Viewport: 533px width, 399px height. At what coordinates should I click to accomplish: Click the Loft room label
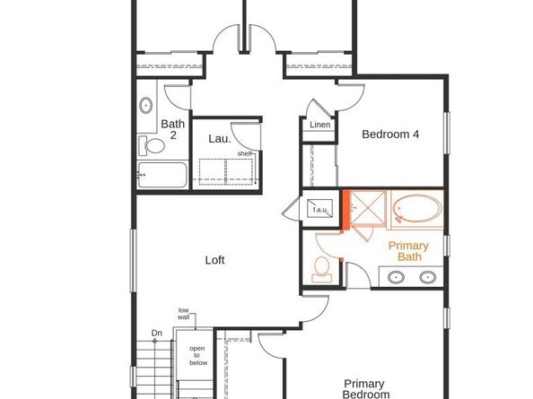(x=214, y=260)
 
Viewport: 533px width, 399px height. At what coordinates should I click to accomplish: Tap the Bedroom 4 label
(x=390, y=134)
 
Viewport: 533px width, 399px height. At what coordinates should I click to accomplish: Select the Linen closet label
(x=319, y=125)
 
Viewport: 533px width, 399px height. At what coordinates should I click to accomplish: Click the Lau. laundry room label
(x=220, y=139)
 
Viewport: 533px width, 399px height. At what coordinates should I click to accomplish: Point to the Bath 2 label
(x=173, y=129)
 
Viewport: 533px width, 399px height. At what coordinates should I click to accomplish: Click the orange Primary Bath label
(x=409, y=251)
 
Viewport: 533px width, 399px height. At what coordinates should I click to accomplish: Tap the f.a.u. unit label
(x=319, y=210)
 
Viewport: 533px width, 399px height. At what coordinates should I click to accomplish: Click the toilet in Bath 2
(x=152, y=145)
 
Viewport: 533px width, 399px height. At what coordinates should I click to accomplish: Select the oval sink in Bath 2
(x=145, y=106)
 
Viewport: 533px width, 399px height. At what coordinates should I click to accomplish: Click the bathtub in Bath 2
(x=162, y=175)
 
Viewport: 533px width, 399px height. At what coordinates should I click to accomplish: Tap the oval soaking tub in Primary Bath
(x=417, y=209)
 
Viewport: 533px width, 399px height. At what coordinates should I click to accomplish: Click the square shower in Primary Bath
(x=368, y=209)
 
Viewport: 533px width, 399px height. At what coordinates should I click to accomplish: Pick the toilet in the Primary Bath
(x=321, y=270)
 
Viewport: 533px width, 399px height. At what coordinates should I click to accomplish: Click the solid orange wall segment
(x=345, y=210)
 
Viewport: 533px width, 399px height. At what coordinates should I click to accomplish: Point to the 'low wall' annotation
(x=184, y=314)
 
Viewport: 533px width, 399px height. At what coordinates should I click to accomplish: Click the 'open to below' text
(x=197, y=356)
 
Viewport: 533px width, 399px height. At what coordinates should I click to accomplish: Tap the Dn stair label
(x=156, y=334)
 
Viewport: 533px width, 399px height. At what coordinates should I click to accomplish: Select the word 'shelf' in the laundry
(x=244, y=154)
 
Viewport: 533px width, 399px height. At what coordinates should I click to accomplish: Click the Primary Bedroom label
(x=365, y=389)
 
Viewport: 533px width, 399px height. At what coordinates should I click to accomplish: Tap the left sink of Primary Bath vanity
(x=396, y=277)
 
